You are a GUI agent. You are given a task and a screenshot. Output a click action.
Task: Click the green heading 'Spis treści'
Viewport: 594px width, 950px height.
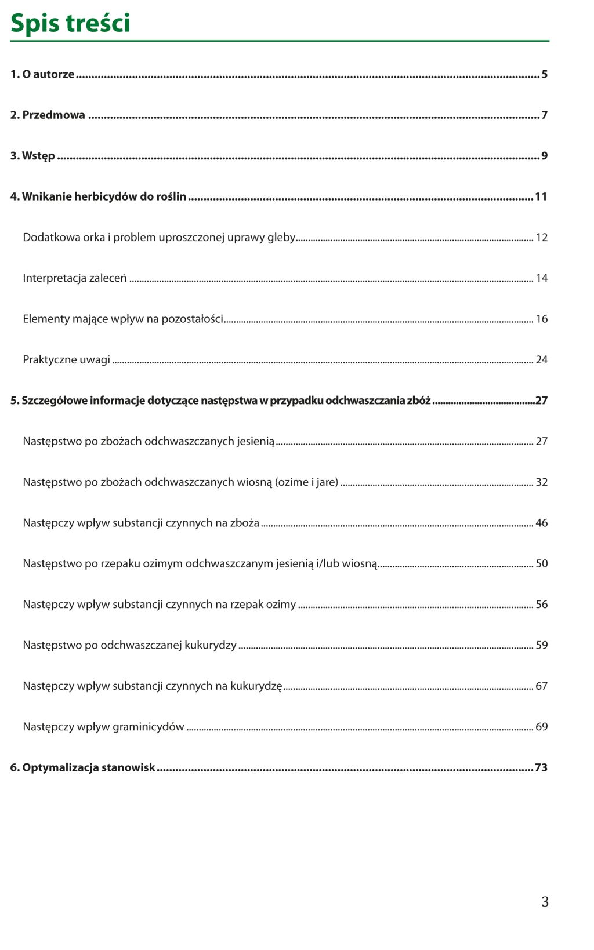click(70, 23)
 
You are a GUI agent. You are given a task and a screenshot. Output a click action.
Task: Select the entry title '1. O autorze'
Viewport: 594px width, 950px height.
click(42, 74)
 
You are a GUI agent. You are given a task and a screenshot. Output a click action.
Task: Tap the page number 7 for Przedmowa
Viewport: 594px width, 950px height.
click(544, 115)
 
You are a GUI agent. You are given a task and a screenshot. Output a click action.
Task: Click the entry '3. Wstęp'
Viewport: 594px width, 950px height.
click(32, 156)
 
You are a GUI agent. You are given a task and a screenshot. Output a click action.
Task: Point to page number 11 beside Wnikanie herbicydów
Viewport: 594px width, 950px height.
click(541, 196)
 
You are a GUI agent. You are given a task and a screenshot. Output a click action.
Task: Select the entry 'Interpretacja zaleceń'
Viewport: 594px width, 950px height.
click(74, 278)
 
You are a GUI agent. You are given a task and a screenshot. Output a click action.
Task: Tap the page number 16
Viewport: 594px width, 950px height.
click(541, 319)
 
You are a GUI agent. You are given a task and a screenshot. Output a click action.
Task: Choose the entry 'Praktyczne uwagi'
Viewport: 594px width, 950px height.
click(66, 359)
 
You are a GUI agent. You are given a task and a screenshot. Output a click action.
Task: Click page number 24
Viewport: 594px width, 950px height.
click(541, 359)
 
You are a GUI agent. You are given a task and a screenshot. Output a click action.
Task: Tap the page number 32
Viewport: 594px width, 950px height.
click(541, 482)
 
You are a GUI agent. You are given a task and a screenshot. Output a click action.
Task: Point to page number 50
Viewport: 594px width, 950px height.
click(541, 563)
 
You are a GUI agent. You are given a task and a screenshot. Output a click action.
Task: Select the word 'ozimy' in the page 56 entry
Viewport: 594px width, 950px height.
click(281, 604)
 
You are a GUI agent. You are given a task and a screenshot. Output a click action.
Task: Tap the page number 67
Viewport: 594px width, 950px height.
click(541, 686)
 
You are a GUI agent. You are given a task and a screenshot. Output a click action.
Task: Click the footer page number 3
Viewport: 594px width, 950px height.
click(545, 901)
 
